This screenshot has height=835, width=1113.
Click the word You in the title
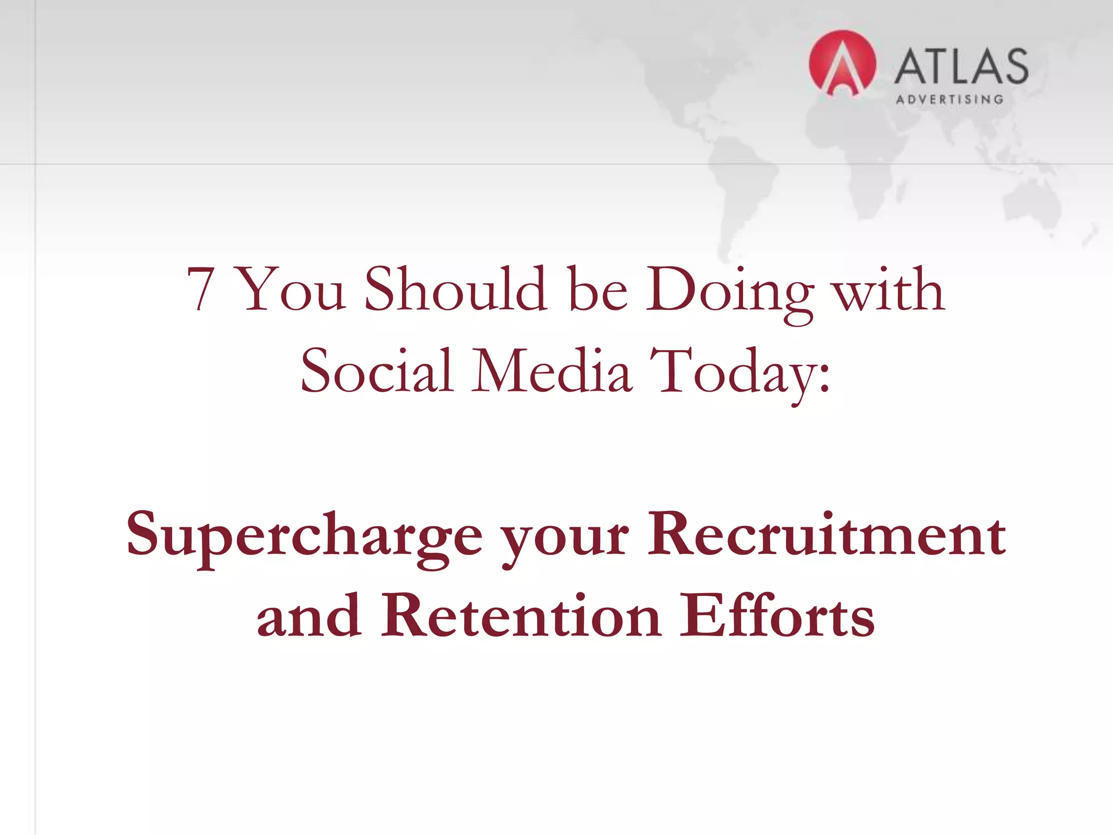tap(290, 290)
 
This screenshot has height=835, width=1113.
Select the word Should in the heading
tap(455, 290)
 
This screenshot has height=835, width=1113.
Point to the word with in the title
tap(889, 290)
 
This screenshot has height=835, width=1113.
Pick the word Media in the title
tap(551, 371)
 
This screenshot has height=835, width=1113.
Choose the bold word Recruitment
tap(826, 535)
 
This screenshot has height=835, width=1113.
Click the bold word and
tap(309, 618)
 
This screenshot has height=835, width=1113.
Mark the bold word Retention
tap(521, 618)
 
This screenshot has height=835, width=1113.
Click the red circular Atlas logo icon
tap(842, 64)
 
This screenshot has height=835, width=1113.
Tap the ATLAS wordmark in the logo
tap(961, 66)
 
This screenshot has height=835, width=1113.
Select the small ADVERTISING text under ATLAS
tap(949, 99)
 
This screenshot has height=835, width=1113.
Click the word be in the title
tap(598, 290)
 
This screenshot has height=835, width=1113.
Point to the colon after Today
tap(824, 375)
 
